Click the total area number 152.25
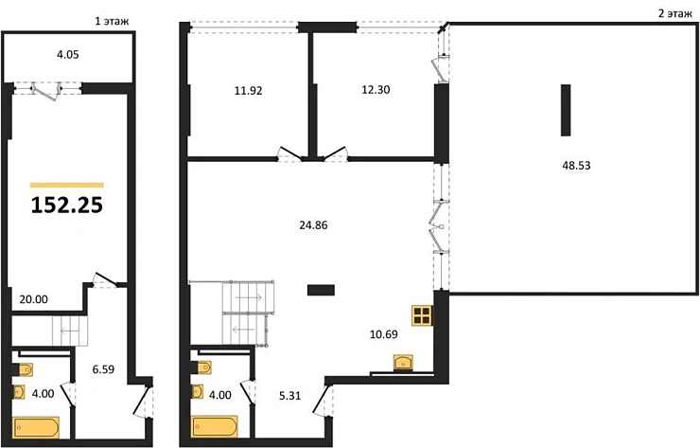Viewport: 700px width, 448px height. click(x=66, y=205)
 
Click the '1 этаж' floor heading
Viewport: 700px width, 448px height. click(x=112, y=19)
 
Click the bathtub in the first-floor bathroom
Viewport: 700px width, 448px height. click(x=37, y=428)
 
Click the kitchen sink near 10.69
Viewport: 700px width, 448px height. click(x=405, y=362)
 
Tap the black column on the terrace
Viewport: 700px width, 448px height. click(x=566, y=111)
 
